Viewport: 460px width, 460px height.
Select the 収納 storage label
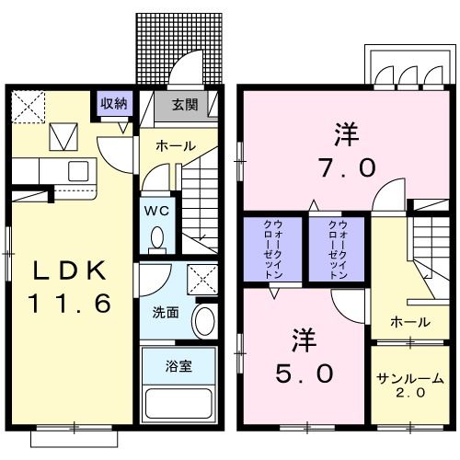[x=114, y=103]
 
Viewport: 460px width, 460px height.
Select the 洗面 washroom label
[x=166, y=311]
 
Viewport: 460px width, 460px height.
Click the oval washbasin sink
[x=205, y=322]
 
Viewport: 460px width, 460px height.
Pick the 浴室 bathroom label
[x=178, y=366]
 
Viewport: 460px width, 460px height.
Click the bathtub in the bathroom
[x=179, y=403]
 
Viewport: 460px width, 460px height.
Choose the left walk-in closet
[x=273, y=249]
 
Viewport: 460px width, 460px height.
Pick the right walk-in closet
[x=337, y=249]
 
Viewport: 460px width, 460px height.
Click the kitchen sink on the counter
[x=78, y=171]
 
